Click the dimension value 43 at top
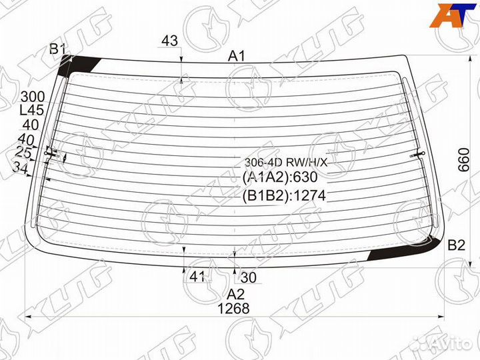click(x=169, y=41)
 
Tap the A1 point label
click(x=237, y=56)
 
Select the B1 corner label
click(x=57, y=49)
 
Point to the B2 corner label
click(x=456, y=245)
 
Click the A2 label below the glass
click(x=235, y=294)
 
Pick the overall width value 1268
click(x=233, y=309)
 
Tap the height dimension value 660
click(x=464, y=160)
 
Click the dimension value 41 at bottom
click(x=197, y=277)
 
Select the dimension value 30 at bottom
click(x=248, y=277)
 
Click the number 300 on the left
click(x=33, y=97)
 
